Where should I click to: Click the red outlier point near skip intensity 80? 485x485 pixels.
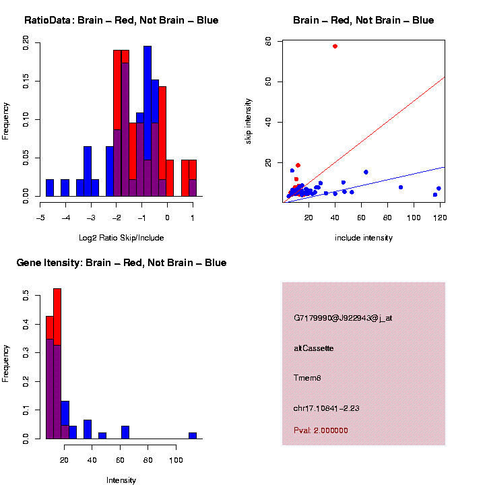[335, 46]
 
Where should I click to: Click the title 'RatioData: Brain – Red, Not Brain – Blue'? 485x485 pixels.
[121, 20]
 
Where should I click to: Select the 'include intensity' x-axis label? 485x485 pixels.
[364, 238]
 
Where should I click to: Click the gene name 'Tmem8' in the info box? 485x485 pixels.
[308, 378]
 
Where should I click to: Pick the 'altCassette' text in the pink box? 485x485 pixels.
[314, 348]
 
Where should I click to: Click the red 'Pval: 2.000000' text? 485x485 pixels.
[321, 430]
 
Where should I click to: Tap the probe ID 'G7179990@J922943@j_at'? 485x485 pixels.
[343, 318]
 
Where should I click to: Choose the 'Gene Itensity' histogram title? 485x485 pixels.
[121, 263]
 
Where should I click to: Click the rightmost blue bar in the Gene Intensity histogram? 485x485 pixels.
[193, 435]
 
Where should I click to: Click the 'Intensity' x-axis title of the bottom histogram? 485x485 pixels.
[121, 480]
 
